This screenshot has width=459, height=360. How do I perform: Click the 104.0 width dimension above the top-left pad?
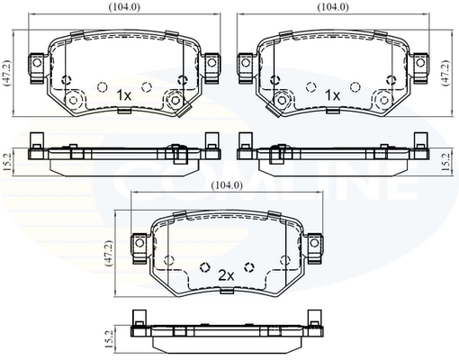pyautogui.click(x=124, y=7)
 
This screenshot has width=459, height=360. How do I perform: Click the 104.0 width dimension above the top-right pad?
pyautogui.click(x=333, y=7)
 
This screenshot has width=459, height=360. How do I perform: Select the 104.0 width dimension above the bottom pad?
pyautogui.click(x=227, y=185)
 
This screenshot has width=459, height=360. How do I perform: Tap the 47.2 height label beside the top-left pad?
pyautogui.click(x=7, y=73)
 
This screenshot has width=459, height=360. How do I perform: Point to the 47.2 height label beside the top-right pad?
pyautogui.click(x=446, y=72)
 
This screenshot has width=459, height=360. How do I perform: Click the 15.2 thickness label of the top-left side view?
pyautogui.click(x=6, y=162)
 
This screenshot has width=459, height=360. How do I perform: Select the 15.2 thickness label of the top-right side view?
pyautogui.click(x=446, y=162)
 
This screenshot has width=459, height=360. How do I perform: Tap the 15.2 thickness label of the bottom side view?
pyautogui.click(x=110, y=339)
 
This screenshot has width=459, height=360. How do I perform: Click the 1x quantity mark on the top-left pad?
pyautogui.click(x=123, y=95)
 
